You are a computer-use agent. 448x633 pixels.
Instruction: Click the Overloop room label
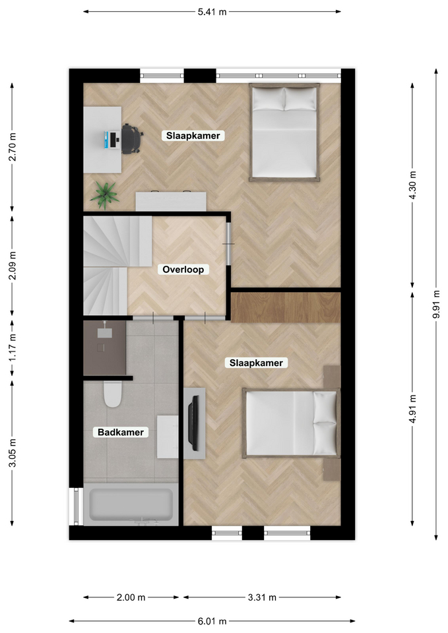pyautogui.click(x=183, y=269)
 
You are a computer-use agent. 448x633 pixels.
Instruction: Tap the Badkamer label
pyautogui.click(x=121, y=433)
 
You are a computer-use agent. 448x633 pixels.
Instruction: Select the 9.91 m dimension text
pyautogui.click(x=436, y=304)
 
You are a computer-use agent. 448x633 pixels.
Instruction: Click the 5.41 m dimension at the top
pyautogui.click(x=212, y=12)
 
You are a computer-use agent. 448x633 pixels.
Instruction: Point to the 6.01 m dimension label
pyautogui.click(x=212, y=621)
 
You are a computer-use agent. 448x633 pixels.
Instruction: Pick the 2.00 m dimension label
pyautogui.click(x=131, y=597)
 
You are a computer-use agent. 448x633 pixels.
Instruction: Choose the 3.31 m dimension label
pyautogui.click(x=262, y=597)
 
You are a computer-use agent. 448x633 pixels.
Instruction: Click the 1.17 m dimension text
pyautogui.click(x=13, y=347)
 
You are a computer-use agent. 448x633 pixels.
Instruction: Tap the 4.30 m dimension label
pyautogui.click(x=412, y=185)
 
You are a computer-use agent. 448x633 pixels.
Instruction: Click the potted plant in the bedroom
pyautogui.click(x=105, y=195)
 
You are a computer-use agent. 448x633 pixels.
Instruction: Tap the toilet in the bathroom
pyautogui.click(x=113, y=394)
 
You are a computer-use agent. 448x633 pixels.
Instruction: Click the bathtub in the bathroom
pyautogui.click(x=131, y=505)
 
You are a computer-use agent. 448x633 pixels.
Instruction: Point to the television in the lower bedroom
pyautogui.click(x=194, y=423)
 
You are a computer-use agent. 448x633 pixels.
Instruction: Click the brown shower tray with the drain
pyautogui.click(x=105, y=348)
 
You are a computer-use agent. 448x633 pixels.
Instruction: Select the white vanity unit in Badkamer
pyautogui.click(x=168, y=437)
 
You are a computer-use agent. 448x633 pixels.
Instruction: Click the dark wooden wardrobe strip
pyautogui.click(x=286, y=307)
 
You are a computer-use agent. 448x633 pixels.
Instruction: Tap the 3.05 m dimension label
pyautogui.click(x=13, y=453)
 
